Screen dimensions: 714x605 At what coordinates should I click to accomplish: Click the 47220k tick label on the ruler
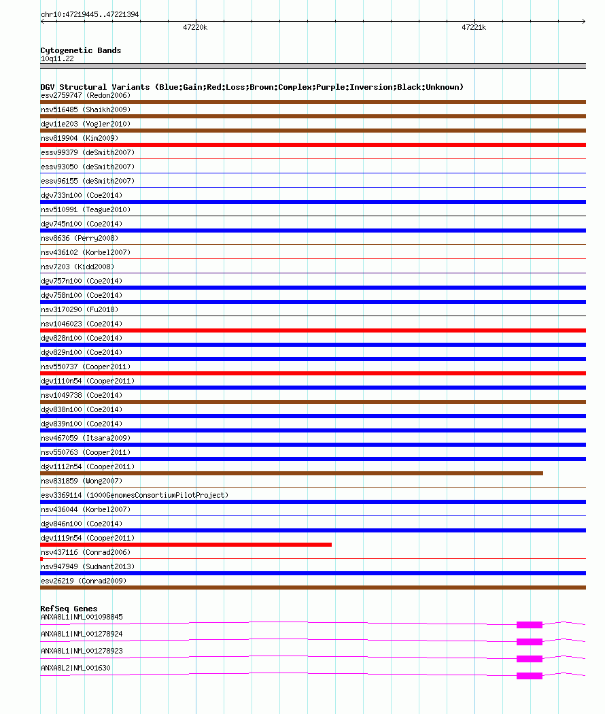click(195, 28)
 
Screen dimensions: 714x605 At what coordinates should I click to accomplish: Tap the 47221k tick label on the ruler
click(474, 28)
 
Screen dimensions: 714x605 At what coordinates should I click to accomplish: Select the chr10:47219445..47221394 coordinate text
click(90, 14)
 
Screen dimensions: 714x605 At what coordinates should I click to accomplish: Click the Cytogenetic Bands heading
click(80, 50)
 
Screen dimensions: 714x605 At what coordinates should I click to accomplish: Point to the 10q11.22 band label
click(57, 58)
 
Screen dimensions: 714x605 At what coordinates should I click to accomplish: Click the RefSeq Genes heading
click(69, 609)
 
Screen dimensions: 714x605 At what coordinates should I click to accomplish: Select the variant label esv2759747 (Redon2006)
click(86, 95)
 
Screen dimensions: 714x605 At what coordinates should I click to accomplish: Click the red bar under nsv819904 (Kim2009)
click(313, 145)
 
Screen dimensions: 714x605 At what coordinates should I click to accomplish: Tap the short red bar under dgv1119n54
click(186, 545)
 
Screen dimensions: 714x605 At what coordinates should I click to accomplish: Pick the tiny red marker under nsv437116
click(41, 559)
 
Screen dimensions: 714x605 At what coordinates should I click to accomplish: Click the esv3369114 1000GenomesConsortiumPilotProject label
click(135, 495)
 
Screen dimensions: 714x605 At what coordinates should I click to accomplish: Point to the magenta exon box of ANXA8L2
click(529, 676)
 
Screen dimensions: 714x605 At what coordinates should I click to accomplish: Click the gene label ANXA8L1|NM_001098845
click(82, 617)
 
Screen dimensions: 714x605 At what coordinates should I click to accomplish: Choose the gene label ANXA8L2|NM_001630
click(75, 668)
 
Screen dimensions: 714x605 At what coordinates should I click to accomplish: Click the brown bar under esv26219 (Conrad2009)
click(313, 588)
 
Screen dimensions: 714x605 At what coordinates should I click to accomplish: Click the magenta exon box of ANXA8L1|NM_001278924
click(529, 642)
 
